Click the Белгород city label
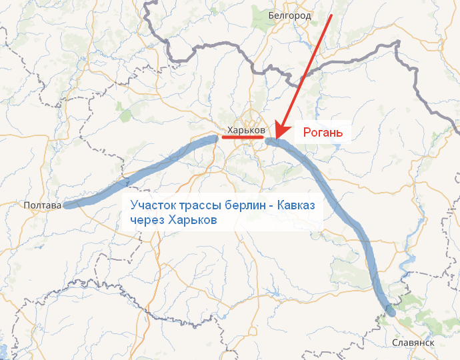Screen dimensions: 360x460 tap(290, 15)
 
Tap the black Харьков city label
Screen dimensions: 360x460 tap(246, 129)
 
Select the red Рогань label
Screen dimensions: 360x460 tap(323, 133)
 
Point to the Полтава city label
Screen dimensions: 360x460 tap(41, 205)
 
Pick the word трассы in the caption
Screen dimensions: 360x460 tap(199, 205)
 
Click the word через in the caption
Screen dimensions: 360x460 tap(147, 220)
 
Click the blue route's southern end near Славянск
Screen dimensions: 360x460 tap(391, 311)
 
